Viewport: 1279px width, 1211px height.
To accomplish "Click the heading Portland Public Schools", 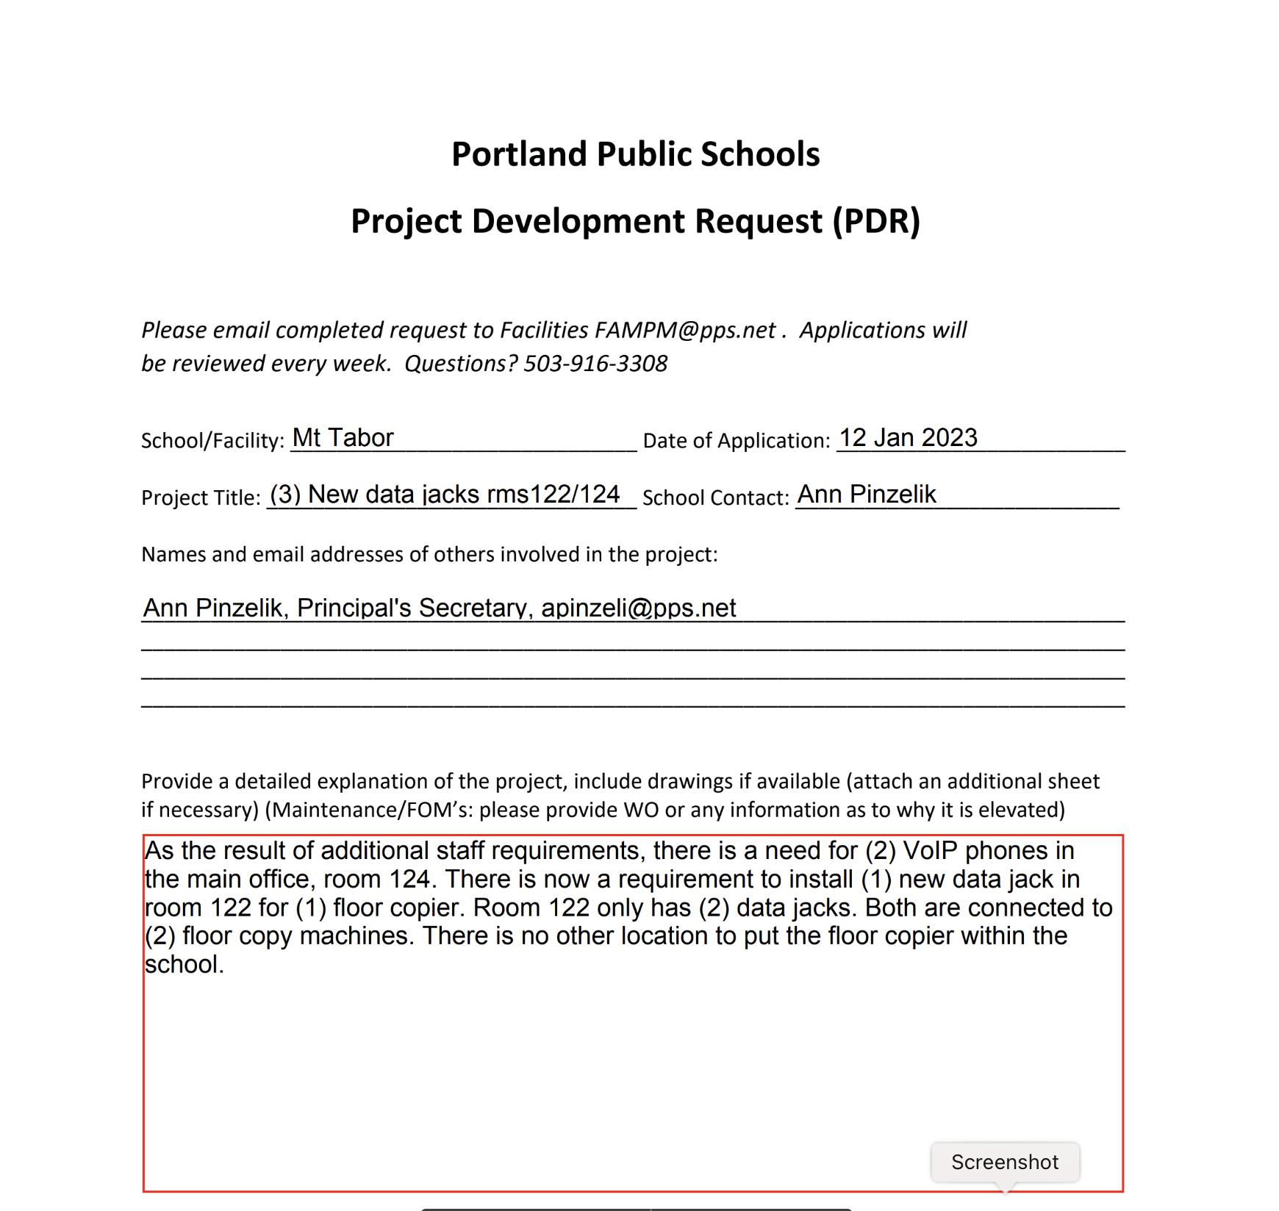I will tap(635, 154).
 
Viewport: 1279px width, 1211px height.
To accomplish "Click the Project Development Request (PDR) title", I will tap(635, 221).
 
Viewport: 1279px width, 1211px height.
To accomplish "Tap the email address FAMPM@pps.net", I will tap(685, 331).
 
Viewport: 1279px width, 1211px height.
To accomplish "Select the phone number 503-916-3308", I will tap(595, 364).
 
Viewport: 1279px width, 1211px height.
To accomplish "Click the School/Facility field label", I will tap(212, 441).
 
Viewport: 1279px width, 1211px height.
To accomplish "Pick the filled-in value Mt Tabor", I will tap(343, 438).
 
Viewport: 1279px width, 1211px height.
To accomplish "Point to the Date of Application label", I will tap(736, 441).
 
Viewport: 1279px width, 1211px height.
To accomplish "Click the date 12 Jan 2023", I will tap(908, 438).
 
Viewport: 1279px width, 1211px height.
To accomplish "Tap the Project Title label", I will tap(201, 498).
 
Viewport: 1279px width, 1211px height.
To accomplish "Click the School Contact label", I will tap(715, 498).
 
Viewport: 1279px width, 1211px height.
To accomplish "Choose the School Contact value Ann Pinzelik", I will tap(867, 495).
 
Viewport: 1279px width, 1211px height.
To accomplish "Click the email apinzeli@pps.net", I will tap(638, 608).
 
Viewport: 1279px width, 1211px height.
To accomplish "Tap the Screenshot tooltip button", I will tap(1004, 1162).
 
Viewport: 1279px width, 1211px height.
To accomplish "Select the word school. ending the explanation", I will tap(184, 965).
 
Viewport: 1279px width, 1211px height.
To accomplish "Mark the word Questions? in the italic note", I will tap(461, 364).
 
